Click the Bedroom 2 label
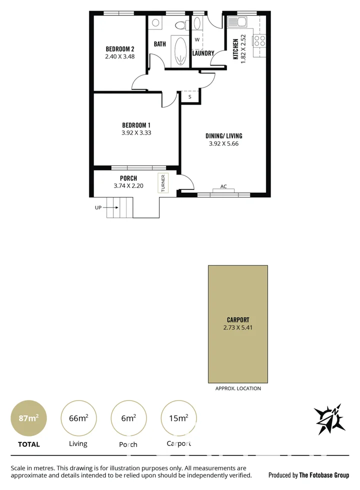(120, 49)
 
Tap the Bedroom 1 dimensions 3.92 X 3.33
(136, 133)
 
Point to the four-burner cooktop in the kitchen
(259, 40)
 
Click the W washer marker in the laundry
(197, 39)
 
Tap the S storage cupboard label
(190, 96)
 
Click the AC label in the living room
(223, 186)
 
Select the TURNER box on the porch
(163, 183)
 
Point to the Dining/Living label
(223, 135)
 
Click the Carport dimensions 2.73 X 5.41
(237, 328)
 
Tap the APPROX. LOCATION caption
(238, 388)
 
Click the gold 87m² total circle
(29, 418)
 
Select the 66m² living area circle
(77, 418)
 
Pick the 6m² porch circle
(127, 418)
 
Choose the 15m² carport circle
(178, 418)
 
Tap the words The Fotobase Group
(324, 475)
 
